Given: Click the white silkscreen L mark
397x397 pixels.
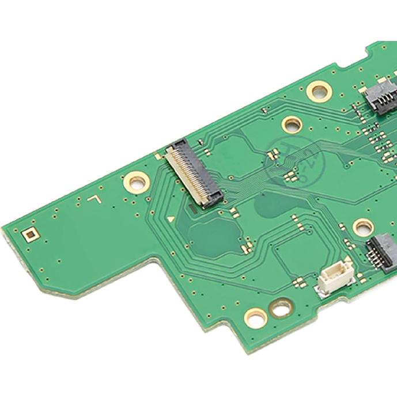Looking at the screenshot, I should [94, 199].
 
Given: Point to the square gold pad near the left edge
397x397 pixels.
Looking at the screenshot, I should [29, 234].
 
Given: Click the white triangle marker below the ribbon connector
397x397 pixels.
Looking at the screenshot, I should [171, 219].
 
